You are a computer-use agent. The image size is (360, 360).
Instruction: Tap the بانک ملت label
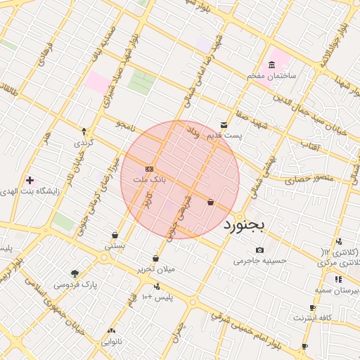(x=150, y=180)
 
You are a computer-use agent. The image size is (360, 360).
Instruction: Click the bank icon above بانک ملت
(x=149, y=169)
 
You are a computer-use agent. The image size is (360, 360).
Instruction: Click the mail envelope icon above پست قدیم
(x=224, y=125)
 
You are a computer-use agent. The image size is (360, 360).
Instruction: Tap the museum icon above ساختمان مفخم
(x=271, y=65)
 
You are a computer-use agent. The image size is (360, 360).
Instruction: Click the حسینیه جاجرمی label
(x=260, y=260)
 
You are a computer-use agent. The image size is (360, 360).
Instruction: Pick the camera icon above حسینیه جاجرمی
(x=260, y=250)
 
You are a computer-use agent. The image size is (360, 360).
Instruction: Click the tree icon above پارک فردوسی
(x=75, y=274)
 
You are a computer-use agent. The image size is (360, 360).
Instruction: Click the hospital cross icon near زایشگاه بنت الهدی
(x=29, y=180)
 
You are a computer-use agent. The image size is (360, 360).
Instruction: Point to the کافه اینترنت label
(x=312, y=318)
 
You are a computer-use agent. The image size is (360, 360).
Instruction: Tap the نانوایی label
(x=111, y=342)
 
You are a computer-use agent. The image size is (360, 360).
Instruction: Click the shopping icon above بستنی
(x=115, y=235)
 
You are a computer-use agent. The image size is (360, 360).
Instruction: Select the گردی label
(x=83, y=142)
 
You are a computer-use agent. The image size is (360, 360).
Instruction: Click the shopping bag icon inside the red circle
(x=211, y=202)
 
